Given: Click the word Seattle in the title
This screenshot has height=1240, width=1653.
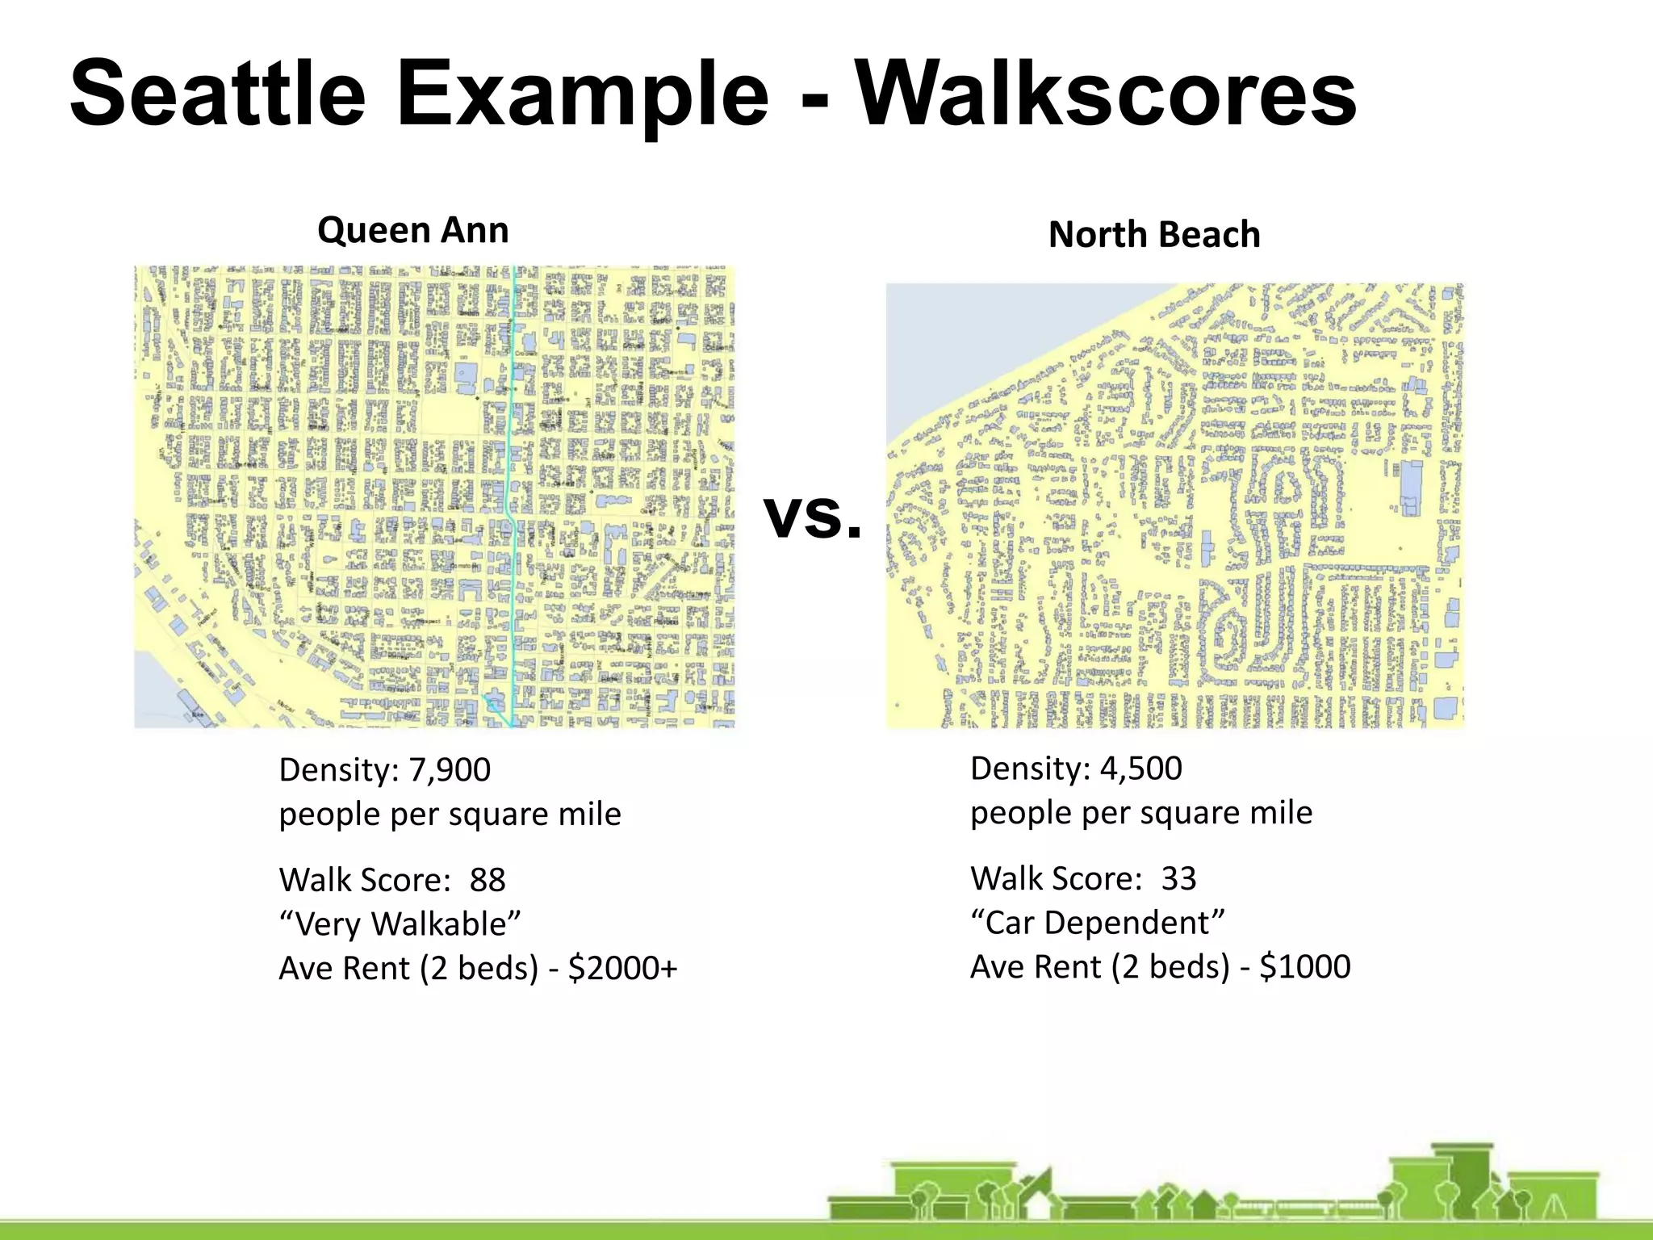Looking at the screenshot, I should point(218,94).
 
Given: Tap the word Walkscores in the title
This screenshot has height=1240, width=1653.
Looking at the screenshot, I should point(1106,94).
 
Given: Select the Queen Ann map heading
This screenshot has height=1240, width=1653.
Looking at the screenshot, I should point(412,230).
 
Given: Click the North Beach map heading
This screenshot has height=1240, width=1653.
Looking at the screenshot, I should point(1153,235).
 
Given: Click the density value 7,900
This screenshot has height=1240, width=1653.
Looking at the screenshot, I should point(450,770).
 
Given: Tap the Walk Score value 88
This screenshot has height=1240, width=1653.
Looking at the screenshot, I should point(488,880).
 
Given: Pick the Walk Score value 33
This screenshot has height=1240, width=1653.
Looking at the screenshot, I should point(1178,878).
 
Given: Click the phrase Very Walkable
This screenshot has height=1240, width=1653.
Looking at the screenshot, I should point(400,924).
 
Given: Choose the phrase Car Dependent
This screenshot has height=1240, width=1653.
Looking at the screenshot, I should point(1098,923).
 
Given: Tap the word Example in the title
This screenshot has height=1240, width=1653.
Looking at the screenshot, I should point(582,94).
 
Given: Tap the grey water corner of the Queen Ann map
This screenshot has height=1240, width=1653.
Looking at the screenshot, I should point(153,694).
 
